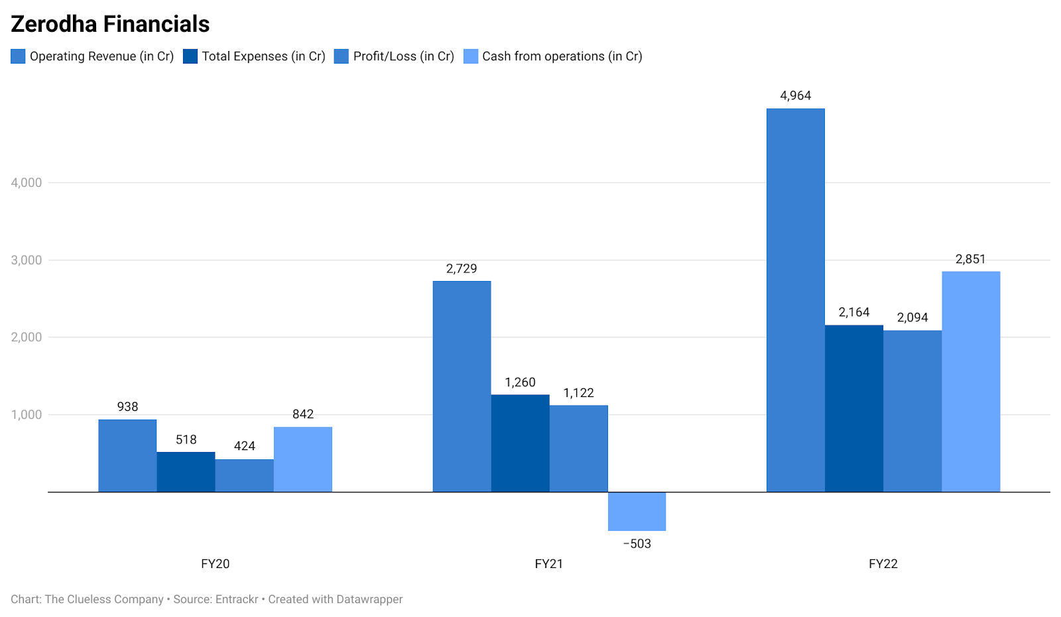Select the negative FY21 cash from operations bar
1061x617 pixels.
pos(637,511)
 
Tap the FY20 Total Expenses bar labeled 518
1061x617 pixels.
pos(186,472)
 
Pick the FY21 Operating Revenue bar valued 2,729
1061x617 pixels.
pos(462,386)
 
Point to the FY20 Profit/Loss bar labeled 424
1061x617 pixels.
pos(244,475)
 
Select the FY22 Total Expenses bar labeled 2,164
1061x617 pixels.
pos(853,408)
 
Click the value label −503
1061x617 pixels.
pos(637,544)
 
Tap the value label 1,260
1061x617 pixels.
pos(520,382)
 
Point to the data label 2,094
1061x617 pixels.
pos(912,317)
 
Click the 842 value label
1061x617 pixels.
pos(302,414)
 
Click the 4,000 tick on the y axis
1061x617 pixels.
pos(27,182)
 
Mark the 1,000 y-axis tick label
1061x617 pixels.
pos(27,415)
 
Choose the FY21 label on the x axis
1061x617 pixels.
pos(548,564)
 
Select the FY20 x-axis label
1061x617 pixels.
pos(215,564)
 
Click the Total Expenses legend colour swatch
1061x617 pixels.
pos(190,56)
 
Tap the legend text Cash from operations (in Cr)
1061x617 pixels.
pos(562,56)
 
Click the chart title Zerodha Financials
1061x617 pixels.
pos(110,24)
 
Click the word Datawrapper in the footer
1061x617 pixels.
pos(369,599)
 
